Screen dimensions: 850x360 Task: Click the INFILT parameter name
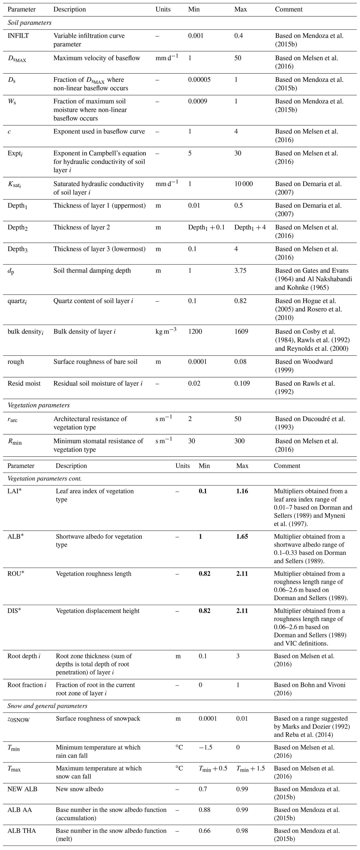(18, 36)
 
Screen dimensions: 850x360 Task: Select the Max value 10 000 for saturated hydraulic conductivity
(243, 184)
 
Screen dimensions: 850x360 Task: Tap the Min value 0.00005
(199, 80)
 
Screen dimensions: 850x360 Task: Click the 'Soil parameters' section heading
(29, 23)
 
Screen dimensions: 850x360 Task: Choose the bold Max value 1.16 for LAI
(242, 491)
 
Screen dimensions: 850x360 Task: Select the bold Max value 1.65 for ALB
(242, 537)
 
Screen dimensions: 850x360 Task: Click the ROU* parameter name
(15, 574)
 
